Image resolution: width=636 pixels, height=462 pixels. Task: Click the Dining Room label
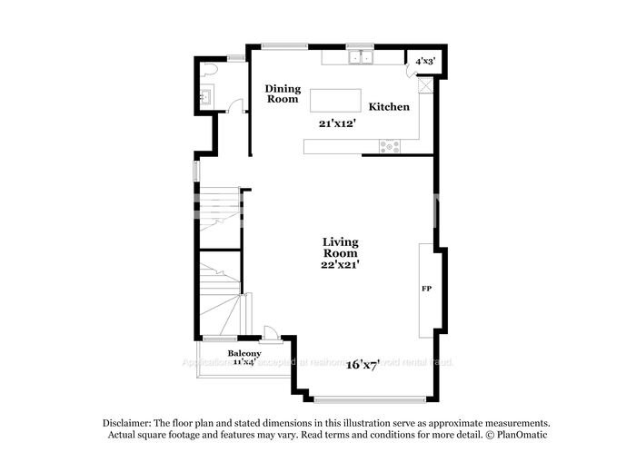(283, 93)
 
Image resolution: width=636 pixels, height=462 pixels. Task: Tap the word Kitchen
(389, 106)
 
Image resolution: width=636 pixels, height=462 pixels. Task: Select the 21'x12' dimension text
(336, 123)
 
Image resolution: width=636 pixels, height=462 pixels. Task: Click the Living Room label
(341, 248)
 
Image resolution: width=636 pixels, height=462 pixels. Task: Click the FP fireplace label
(425, 289)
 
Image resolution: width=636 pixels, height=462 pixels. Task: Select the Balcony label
(244, 353)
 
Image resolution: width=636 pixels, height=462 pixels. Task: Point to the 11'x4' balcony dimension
(244, 361)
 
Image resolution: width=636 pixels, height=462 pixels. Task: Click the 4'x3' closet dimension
(425, 61)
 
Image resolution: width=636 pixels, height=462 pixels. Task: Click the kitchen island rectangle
(333, 99)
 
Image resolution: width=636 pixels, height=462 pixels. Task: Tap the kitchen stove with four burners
(390, 145)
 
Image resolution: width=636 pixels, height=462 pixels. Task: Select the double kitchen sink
(361, 57)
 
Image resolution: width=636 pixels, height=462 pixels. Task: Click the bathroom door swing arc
(235, 105)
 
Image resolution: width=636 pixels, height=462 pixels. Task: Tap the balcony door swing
(269, 332)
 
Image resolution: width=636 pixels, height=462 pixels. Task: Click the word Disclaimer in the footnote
(125, 423)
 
